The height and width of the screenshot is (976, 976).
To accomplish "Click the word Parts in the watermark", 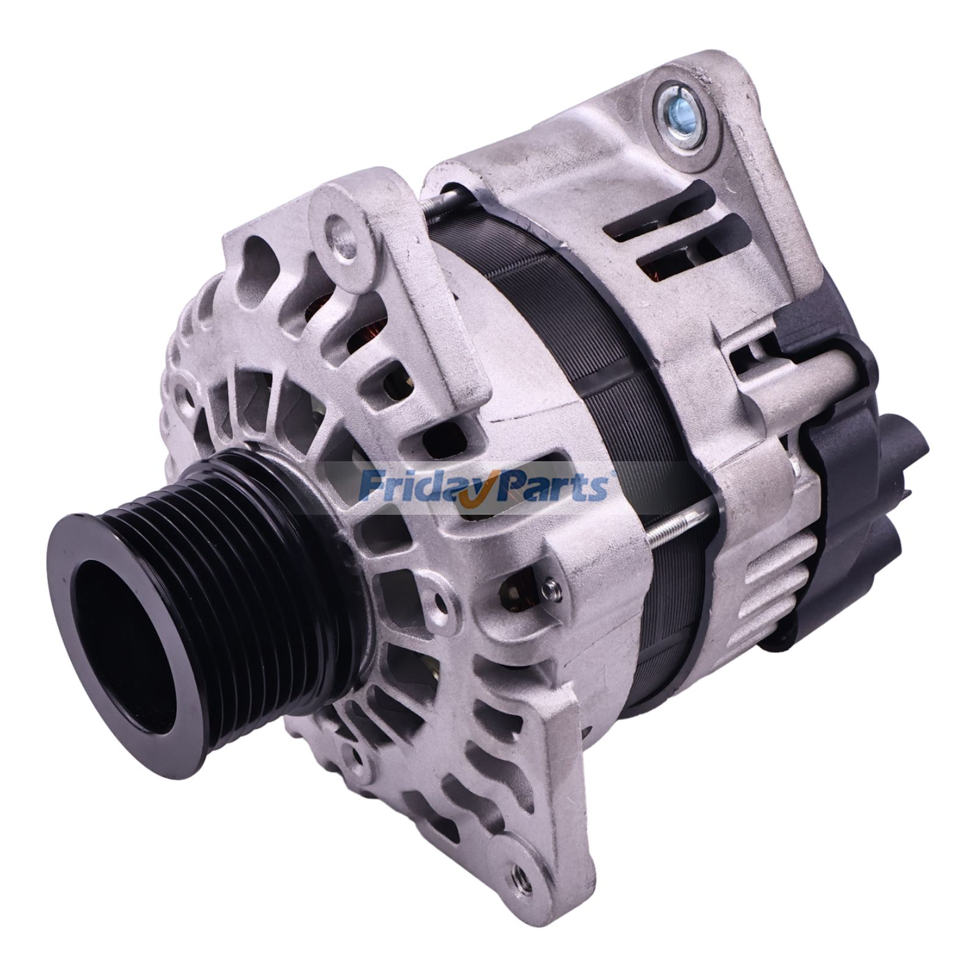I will [x=549, y=486].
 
